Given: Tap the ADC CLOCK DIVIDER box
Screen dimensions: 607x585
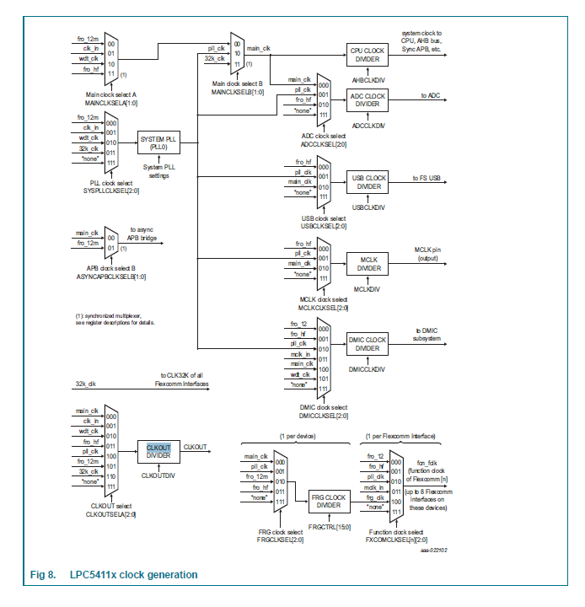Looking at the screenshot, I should click(368, 100).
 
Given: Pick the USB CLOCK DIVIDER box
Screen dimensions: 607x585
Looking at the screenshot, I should click(368, 182).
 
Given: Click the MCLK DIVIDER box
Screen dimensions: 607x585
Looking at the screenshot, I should click(368, 263).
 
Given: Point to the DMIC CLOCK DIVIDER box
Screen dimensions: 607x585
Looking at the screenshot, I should click(368, 344).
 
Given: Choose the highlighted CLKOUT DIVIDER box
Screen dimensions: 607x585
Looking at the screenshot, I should click(158, 450).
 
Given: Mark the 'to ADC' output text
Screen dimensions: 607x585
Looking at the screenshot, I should click(431, 95).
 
